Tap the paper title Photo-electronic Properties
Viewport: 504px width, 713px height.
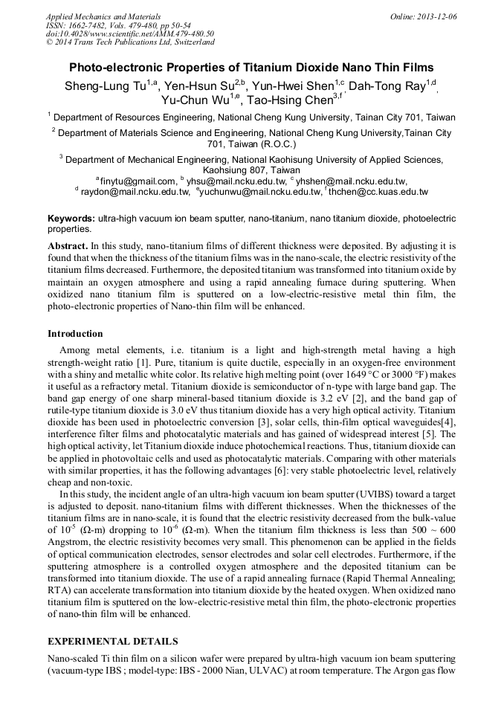[x=252, y=66]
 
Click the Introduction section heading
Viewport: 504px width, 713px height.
[x=75, y=334]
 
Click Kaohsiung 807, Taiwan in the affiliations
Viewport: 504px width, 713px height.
[x=251, y=170]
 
